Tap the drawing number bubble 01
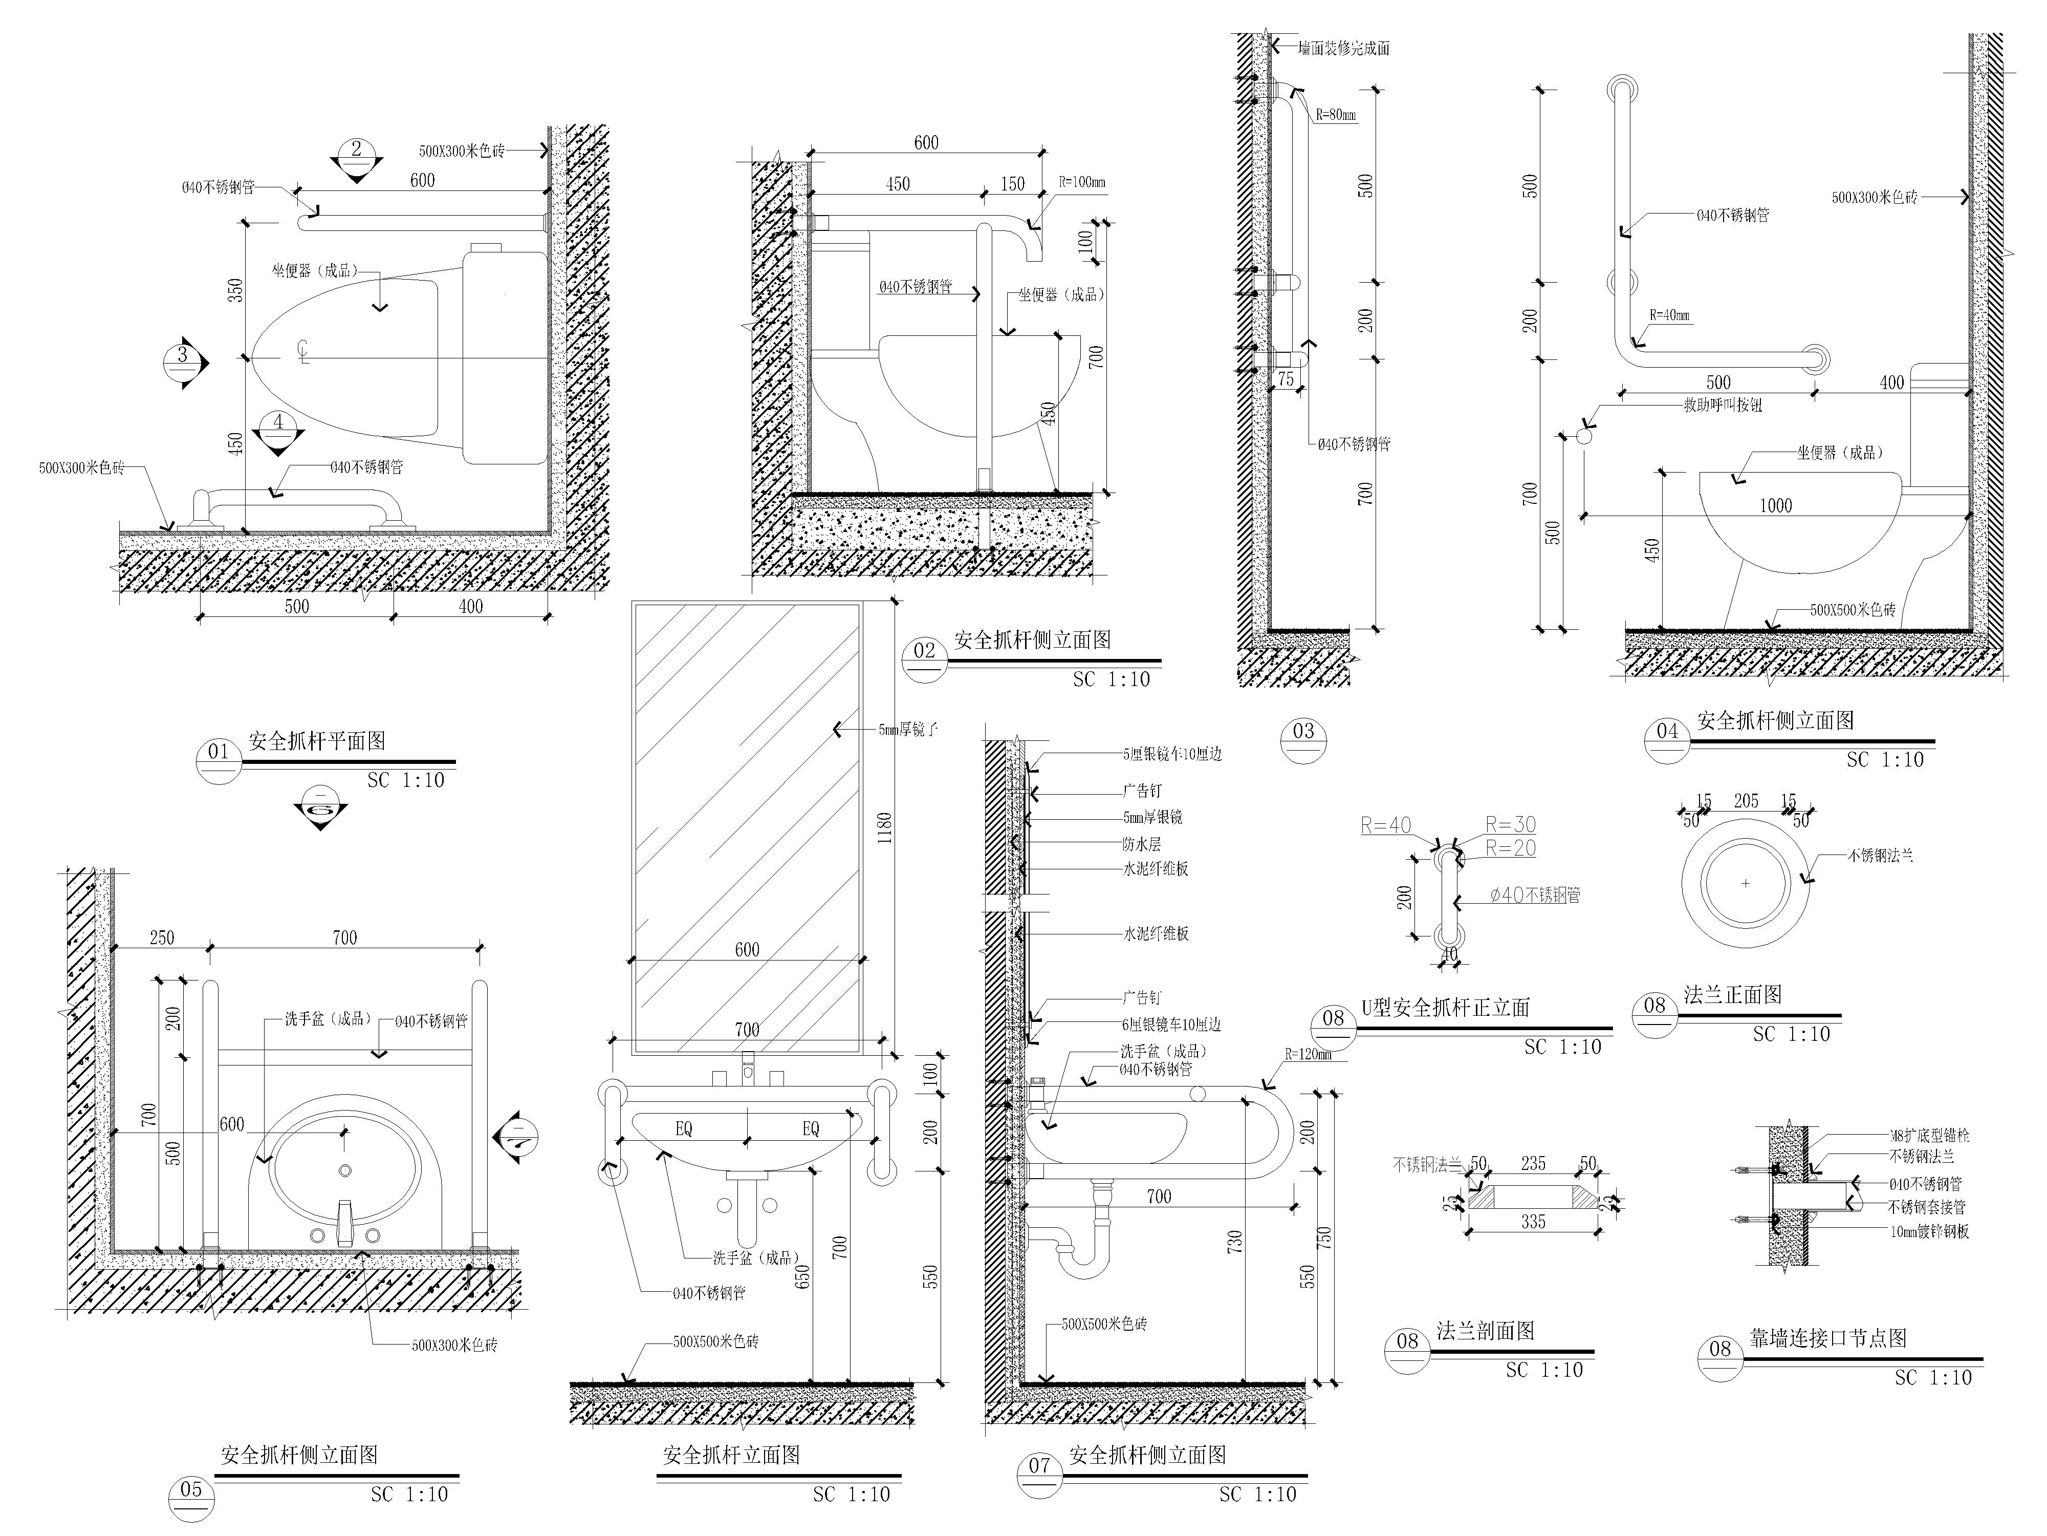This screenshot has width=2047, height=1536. click(219, 753)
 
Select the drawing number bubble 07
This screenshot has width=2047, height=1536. click(1039, 1466)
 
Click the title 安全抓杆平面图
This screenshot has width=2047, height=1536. click(317, 741)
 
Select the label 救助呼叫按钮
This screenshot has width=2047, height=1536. click(1722, 404)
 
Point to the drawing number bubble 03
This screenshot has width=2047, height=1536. click(1303, 732)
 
